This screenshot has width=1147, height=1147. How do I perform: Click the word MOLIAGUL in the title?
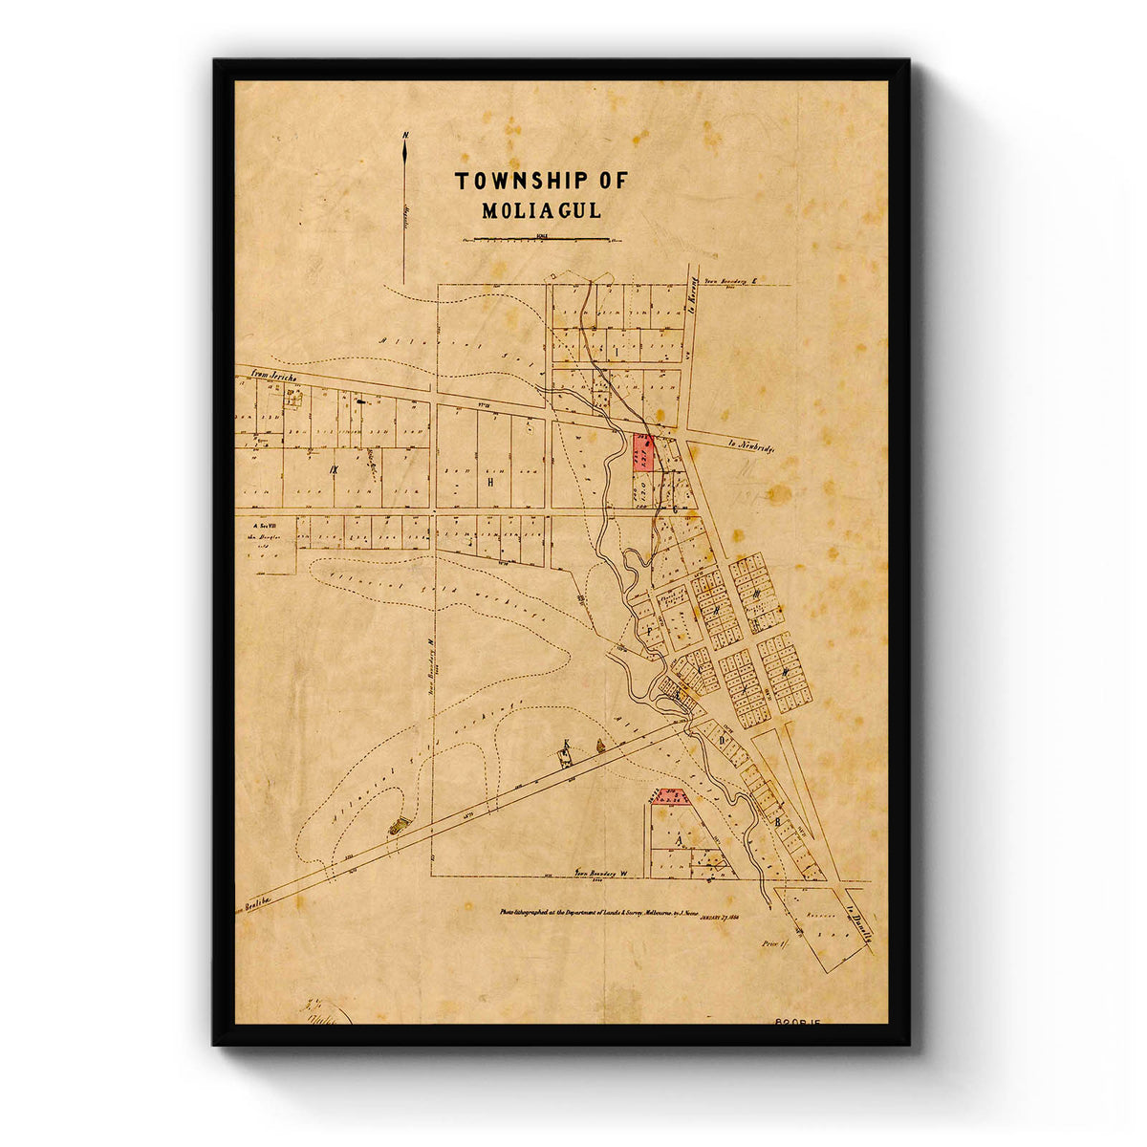(x=541, y=211)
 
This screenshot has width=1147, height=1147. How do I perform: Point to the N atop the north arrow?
(x=405, y=136)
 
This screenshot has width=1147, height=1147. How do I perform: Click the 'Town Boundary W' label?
(x=599, y=872)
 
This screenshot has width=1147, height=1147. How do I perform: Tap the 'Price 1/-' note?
(x=772, y=942)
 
